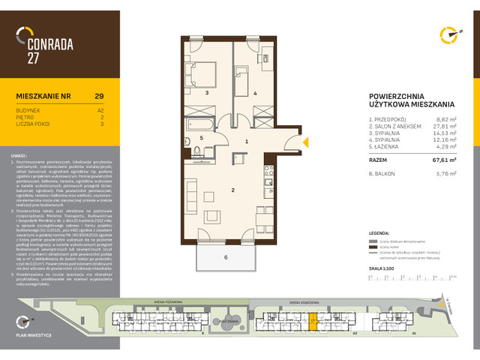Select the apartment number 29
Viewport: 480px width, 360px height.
99,96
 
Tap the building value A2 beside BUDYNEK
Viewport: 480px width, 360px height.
100,109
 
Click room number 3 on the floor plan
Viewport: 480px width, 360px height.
206,93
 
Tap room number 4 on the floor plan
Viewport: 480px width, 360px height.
255,93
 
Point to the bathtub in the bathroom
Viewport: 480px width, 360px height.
205,121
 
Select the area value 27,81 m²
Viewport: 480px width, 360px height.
444,127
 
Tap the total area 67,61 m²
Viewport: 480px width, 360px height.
444,159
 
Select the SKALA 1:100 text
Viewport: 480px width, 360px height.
383,267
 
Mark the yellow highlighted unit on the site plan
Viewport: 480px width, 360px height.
313,322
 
